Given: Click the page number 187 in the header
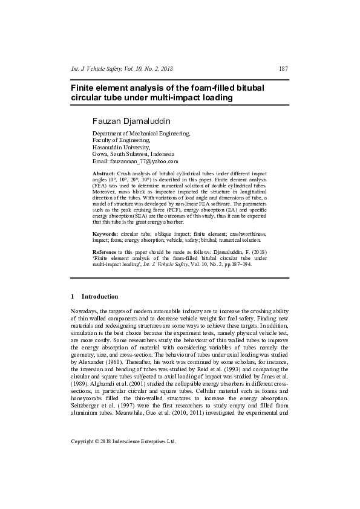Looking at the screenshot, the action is point(283,68).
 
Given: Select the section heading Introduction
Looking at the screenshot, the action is point(100,297).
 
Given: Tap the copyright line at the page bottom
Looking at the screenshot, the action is point(123,441).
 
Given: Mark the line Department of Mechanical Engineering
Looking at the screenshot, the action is point(141,133).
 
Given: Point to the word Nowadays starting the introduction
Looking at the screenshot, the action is point(85,310).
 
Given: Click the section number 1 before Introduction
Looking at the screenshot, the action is point(73,297).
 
